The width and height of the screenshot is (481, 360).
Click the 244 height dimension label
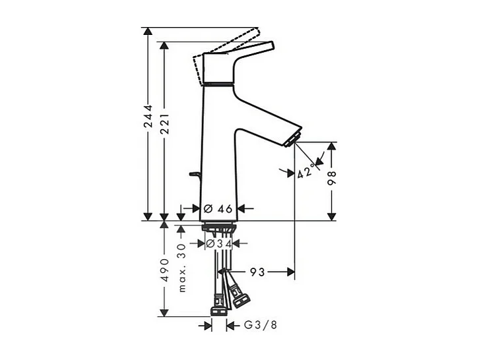point(148,117)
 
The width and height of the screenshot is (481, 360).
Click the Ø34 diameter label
point(218,243)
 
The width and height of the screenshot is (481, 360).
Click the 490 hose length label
point(165,270)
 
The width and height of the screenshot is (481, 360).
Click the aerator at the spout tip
point(292,138)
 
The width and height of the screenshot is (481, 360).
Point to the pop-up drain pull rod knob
point(193,174)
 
